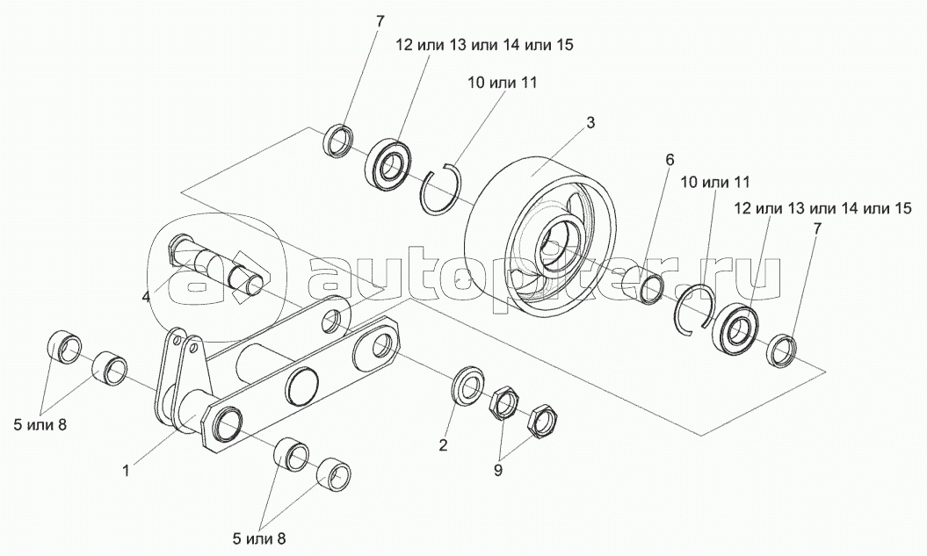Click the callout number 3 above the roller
[590, 123]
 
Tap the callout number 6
[670, 160]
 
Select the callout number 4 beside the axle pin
[146, 296]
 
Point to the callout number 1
[126, 470]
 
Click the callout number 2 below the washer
[443, 444]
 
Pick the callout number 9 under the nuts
[498, 470]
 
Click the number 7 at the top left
[380, 22]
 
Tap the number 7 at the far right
[817, 229]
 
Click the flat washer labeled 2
[467, 386]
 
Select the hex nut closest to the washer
[503, 403]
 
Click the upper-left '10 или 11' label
[503, 83]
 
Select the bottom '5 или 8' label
[259, 538]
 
